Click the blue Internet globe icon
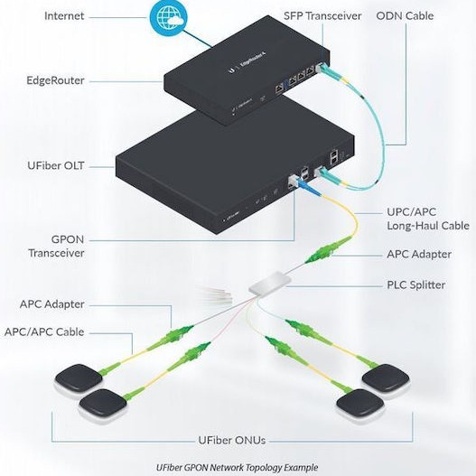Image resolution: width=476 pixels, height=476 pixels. point(169,17)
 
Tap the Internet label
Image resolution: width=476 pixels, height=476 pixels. point(65,16)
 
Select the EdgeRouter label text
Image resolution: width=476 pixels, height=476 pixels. point(57,80)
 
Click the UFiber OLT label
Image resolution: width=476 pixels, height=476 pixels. point(56,166)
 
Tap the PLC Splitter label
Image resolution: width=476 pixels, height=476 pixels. point(415,285)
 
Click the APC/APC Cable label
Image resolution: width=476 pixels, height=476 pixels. point(57,331)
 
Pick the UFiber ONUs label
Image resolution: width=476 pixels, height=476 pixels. point(232,441)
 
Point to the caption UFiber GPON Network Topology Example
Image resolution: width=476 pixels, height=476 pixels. point(238,467)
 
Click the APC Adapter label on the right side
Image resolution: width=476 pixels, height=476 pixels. point(418,255)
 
